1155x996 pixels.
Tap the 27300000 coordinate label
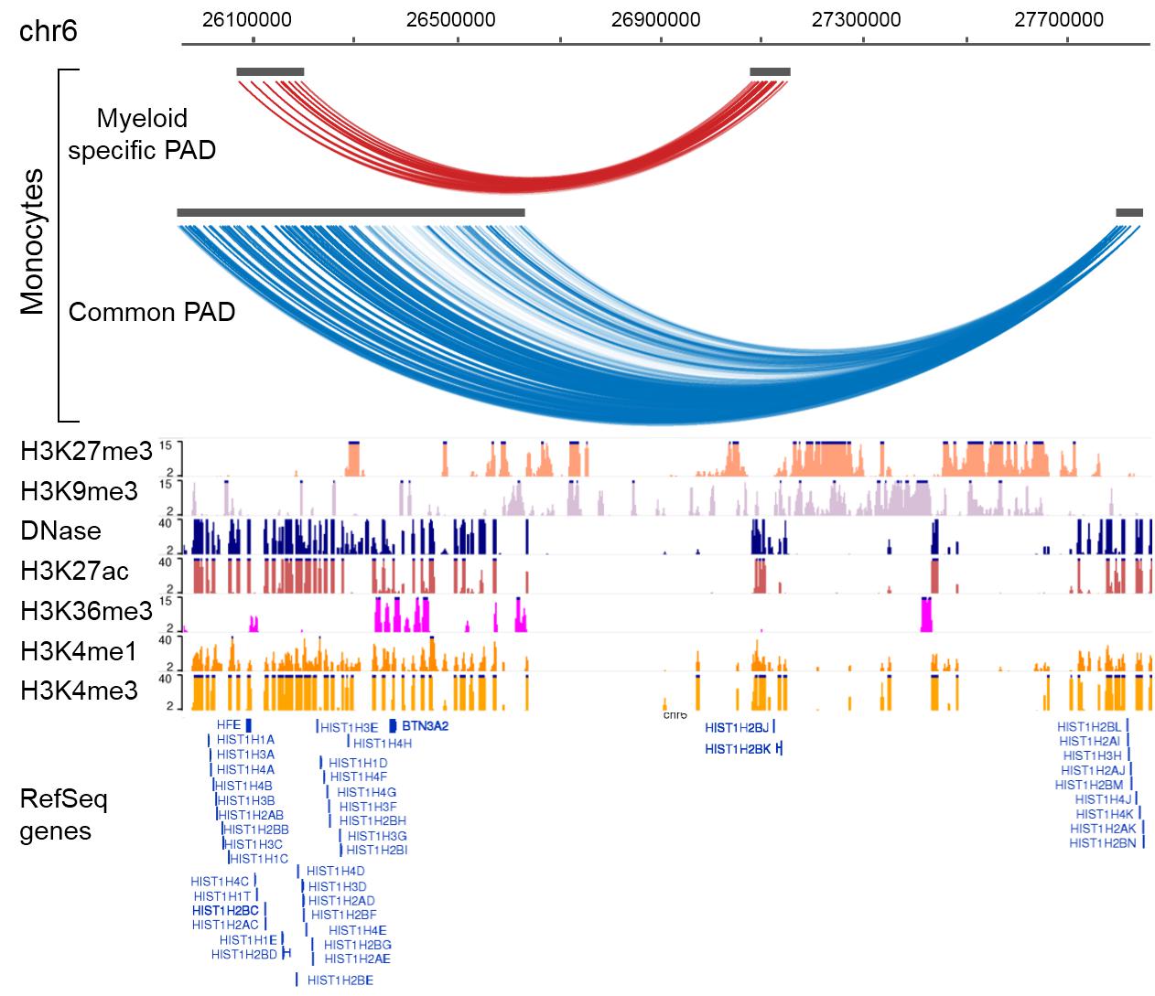click(x=863, y=19)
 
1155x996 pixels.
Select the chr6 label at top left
click(x=49, y=31)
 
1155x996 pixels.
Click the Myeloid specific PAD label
click(x=142, y=134)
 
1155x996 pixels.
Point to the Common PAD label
click(x=152, y=312)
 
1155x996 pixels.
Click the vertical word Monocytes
click(x=33, y=241)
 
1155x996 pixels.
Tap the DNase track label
click(x=60, y=531)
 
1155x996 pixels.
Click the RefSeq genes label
click(x=64, y=815)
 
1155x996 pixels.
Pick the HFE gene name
click(x=228, y=724)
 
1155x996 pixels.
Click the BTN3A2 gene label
click(x=425, y=725)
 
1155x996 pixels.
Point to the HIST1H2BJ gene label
click(x=736, y=727)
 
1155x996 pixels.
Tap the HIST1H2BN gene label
click(x=1101, y=842)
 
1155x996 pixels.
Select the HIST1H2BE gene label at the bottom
click(x=340, y=980)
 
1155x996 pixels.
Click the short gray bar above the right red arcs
click(x=770, y=71)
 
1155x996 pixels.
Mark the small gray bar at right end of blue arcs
click(x=1128, y=212)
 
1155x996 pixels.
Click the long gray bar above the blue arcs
click(x=351, y=212)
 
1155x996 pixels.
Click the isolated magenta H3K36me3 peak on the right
click(x=926, y=614)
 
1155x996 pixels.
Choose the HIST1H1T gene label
click(x=222, y=895)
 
